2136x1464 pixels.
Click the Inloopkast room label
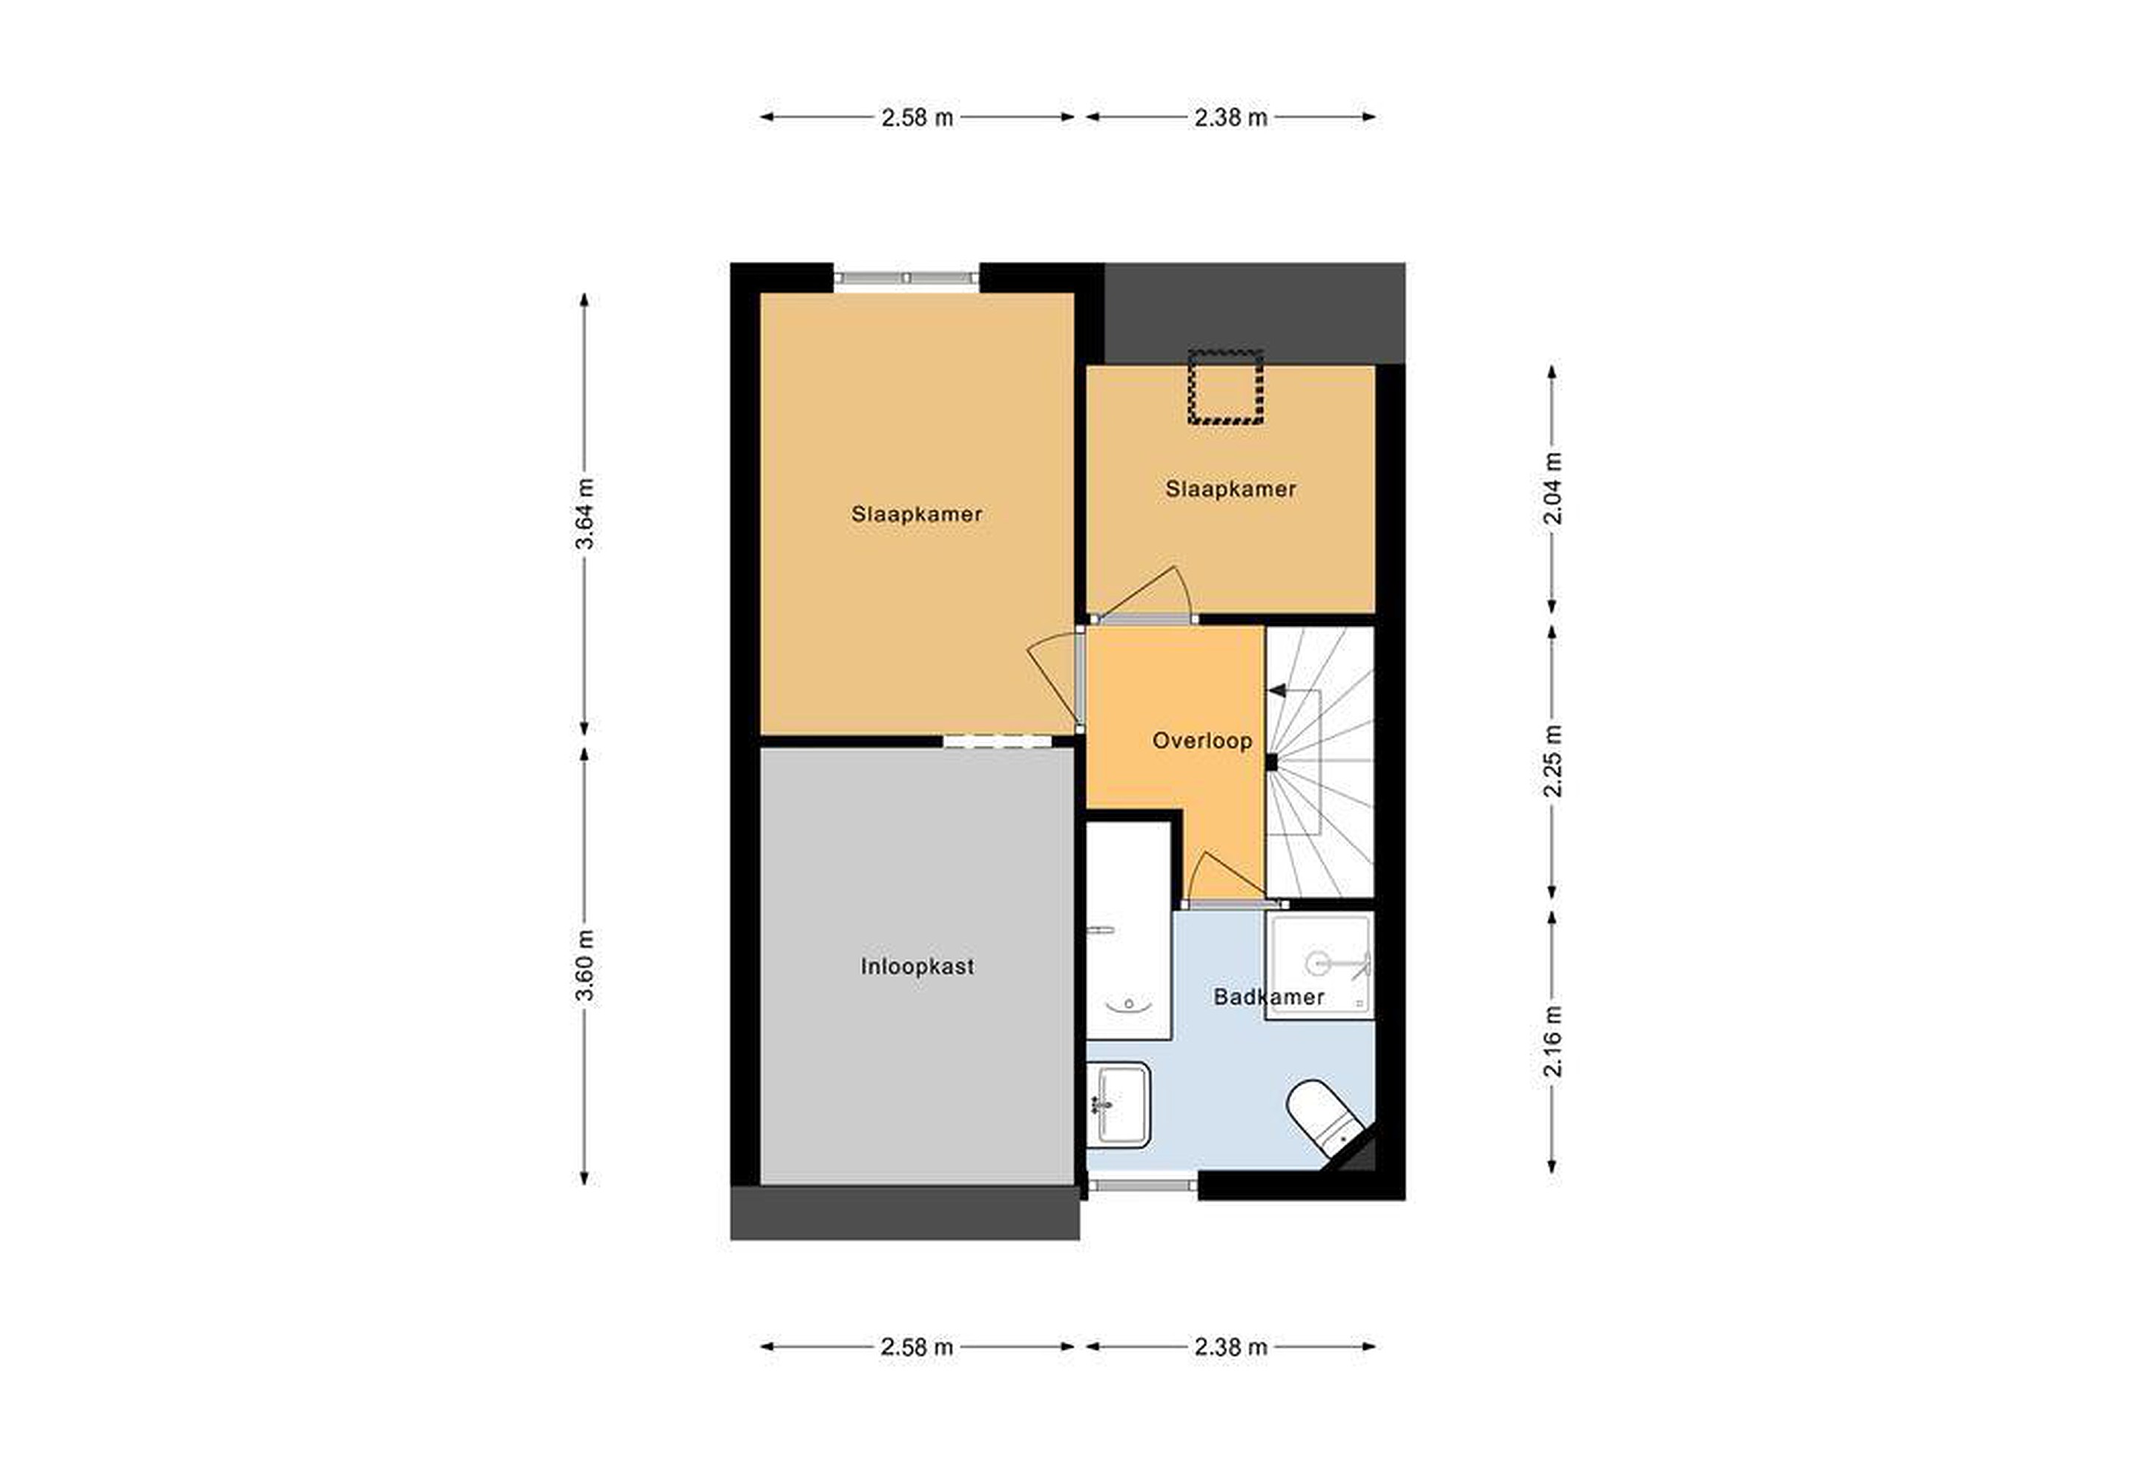[917, 967]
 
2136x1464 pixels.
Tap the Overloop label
[1202, 741]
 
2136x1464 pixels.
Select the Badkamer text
[1268, 998]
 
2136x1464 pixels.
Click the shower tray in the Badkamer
[1320, 965]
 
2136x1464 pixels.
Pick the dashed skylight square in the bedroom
[1225, 389]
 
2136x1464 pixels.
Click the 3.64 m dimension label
[584, 514]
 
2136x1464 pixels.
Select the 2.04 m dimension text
[1552, 489]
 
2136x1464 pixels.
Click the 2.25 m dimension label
[1552, 761]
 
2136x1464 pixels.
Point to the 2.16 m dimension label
[1552, 1041]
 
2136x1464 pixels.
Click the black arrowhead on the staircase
[1276, 690]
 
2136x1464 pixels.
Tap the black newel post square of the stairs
[1272, 762]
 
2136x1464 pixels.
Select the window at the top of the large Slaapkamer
[906, 277]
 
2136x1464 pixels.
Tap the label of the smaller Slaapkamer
[1230, 489]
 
